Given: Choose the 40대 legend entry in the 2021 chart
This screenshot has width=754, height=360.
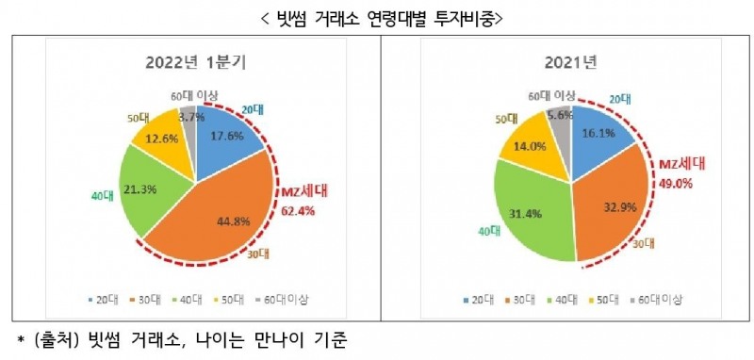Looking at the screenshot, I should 563,299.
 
